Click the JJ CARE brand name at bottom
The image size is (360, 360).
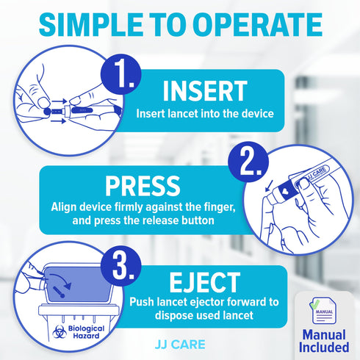[x=179, y=342]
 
